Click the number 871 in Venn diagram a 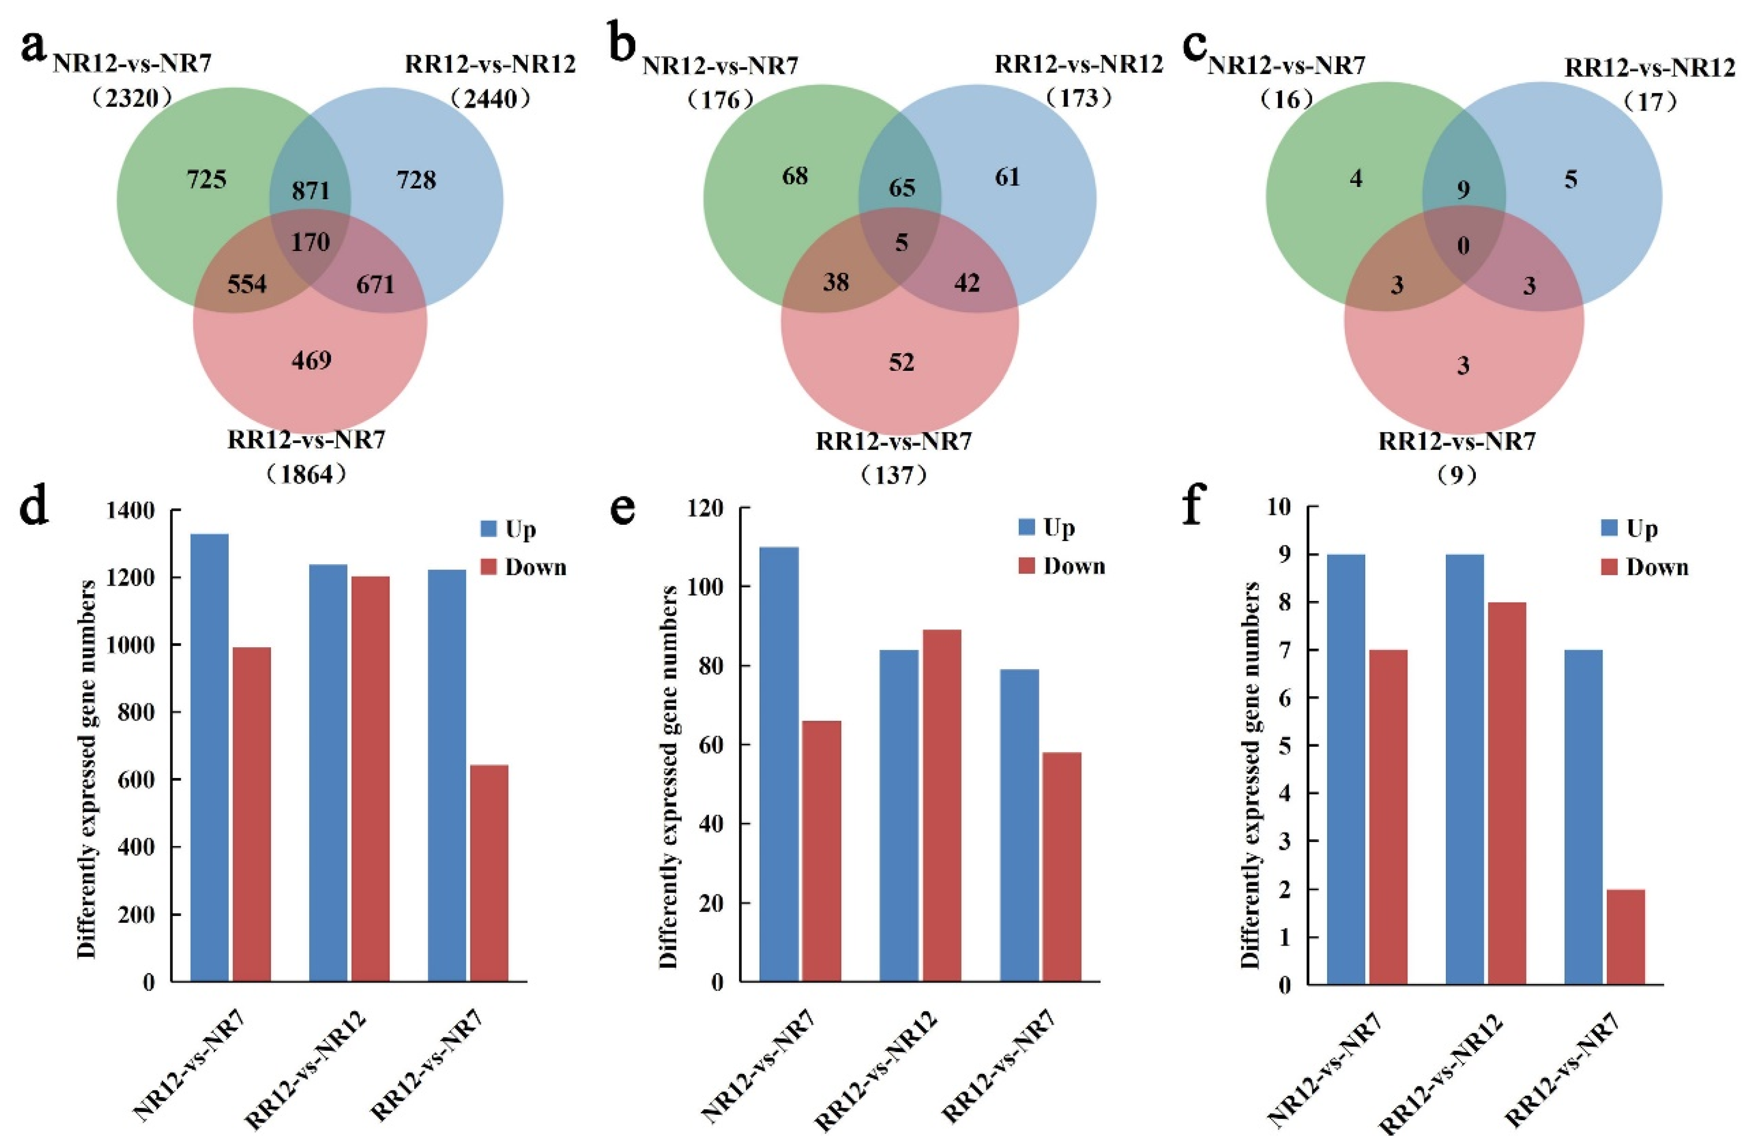[x=310, y=191]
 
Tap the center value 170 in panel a [x=310, y=242]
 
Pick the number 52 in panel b [x=901, y=362]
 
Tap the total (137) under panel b [x=894, y=475]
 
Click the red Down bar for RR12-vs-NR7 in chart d [x=489, y=873]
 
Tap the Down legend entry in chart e [x=1061, y=566]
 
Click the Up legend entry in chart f [x=1629, y=529]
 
